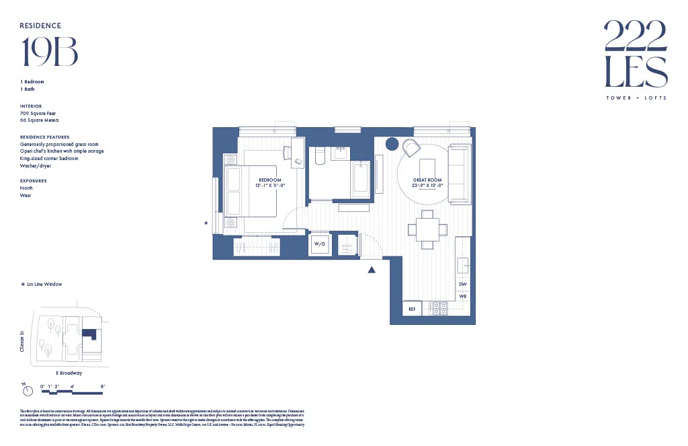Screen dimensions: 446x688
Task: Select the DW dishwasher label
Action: click(x=462, y=285)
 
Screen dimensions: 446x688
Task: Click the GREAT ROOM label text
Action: click(x=427, y=180)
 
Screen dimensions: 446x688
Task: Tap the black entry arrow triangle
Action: click(x=371, y=270)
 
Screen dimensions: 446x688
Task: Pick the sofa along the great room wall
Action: click(x=460, y=174)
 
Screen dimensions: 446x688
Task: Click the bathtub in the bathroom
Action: click(x=361, y=179)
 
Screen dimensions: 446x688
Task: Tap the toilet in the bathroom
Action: click(x=320, y=156)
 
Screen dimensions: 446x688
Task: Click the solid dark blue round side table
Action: click(x=392, y=144)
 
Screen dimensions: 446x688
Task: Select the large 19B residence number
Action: click(x=50, y=52)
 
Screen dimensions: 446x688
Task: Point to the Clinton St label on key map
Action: click(x=22, y=340)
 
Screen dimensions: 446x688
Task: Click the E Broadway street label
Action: click(x=69, y=373)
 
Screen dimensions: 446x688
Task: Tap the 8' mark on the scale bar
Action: click(x=103, y=386)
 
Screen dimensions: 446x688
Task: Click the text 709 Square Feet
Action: click(x=38, y=114)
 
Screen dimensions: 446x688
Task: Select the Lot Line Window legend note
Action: click(x=44, y=285)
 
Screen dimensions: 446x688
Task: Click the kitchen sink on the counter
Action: click(x=463, y=266)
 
